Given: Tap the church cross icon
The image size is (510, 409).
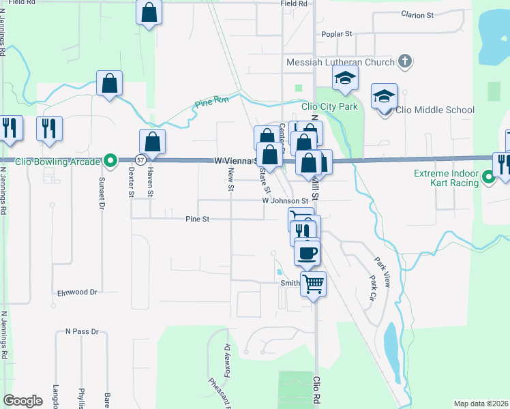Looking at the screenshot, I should (404, 62).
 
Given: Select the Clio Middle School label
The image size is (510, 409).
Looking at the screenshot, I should (435, 110).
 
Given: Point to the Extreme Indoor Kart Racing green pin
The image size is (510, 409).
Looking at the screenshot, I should (488, 179).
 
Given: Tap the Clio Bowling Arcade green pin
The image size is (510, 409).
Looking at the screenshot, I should (110, 161).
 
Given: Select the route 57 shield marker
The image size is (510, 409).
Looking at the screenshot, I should (139, 160).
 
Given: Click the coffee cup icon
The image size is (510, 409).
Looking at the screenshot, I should (306, 253).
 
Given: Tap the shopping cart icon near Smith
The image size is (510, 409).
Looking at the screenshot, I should (313, 282).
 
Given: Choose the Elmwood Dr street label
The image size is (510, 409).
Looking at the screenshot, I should (77, 292).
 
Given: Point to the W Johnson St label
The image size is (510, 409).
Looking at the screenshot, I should (285, 201).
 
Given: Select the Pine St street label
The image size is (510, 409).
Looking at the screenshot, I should (196, 219).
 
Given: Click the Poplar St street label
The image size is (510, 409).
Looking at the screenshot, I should (339, 33).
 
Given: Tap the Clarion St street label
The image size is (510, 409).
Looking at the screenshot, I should (417, 14).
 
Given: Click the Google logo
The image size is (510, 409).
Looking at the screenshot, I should (22, 401).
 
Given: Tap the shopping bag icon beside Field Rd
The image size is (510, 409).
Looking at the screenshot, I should (149, 12).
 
